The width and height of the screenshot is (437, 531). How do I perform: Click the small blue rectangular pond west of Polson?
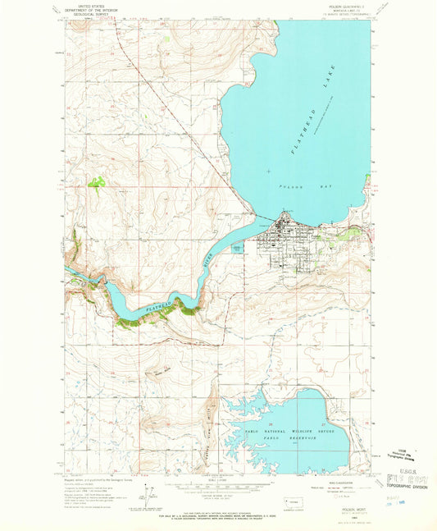pos(236,247)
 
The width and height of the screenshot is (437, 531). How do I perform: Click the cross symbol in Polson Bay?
pos(268,170)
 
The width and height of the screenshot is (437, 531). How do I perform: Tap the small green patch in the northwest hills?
pos(98,182)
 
